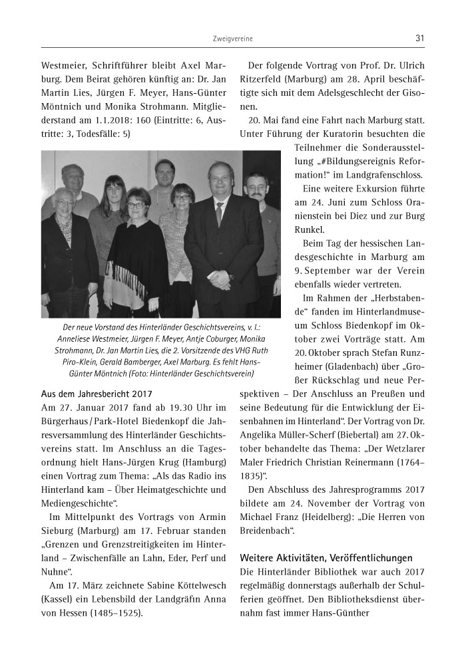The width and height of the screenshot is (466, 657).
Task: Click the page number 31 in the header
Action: point(419,39)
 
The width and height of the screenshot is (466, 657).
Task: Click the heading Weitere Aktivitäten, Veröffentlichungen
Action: point(326,557)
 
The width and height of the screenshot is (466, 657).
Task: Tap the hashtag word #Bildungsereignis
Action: point(346,161)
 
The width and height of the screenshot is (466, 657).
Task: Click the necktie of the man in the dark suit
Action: point(218,212)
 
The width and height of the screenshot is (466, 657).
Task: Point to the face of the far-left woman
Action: point(65,202)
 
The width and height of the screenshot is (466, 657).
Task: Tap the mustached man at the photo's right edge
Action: point(256,188)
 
